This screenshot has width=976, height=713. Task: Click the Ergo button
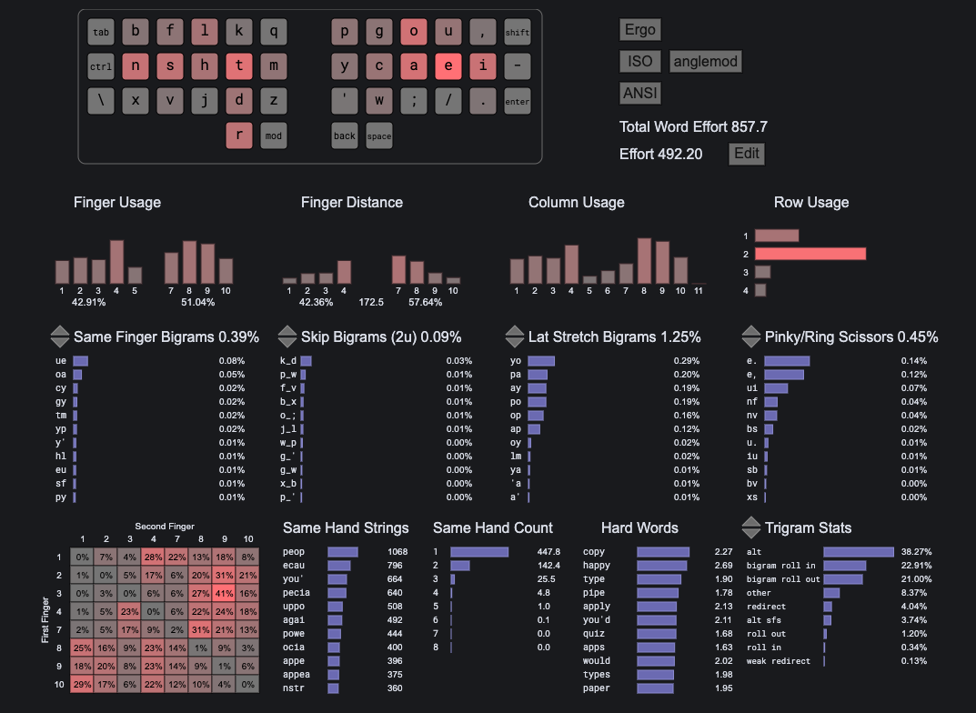[640, 29]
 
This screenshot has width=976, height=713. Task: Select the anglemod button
[705, 62]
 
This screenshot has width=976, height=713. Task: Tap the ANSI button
[640, 93]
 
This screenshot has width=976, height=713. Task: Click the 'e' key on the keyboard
[448, 65]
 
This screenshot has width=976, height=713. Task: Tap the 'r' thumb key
[238, 136]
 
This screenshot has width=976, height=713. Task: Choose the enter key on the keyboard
[517, 101]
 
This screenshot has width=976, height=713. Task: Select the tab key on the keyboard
[101, 33]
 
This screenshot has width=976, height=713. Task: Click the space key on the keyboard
[379, 136]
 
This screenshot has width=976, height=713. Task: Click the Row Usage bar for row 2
[810, 254]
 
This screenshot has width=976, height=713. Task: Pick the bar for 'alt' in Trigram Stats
[858, 552]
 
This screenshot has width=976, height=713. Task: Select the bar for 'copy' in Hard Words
[662, 552]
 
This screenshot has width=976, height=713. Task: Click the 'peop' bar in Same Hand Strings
[343, 552]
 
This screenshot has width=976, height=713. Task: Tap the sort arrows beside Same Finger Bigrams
[59, 336]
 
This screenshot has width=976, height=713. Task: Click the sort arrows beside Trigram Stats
[750, 527]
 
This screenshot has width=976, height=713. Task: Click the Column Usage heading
[576, 202]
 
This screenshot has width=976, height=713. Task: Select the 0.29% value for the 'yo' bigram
[687, 361]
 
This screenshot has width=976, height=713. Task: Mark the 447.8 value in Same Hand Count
[548, 552]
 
